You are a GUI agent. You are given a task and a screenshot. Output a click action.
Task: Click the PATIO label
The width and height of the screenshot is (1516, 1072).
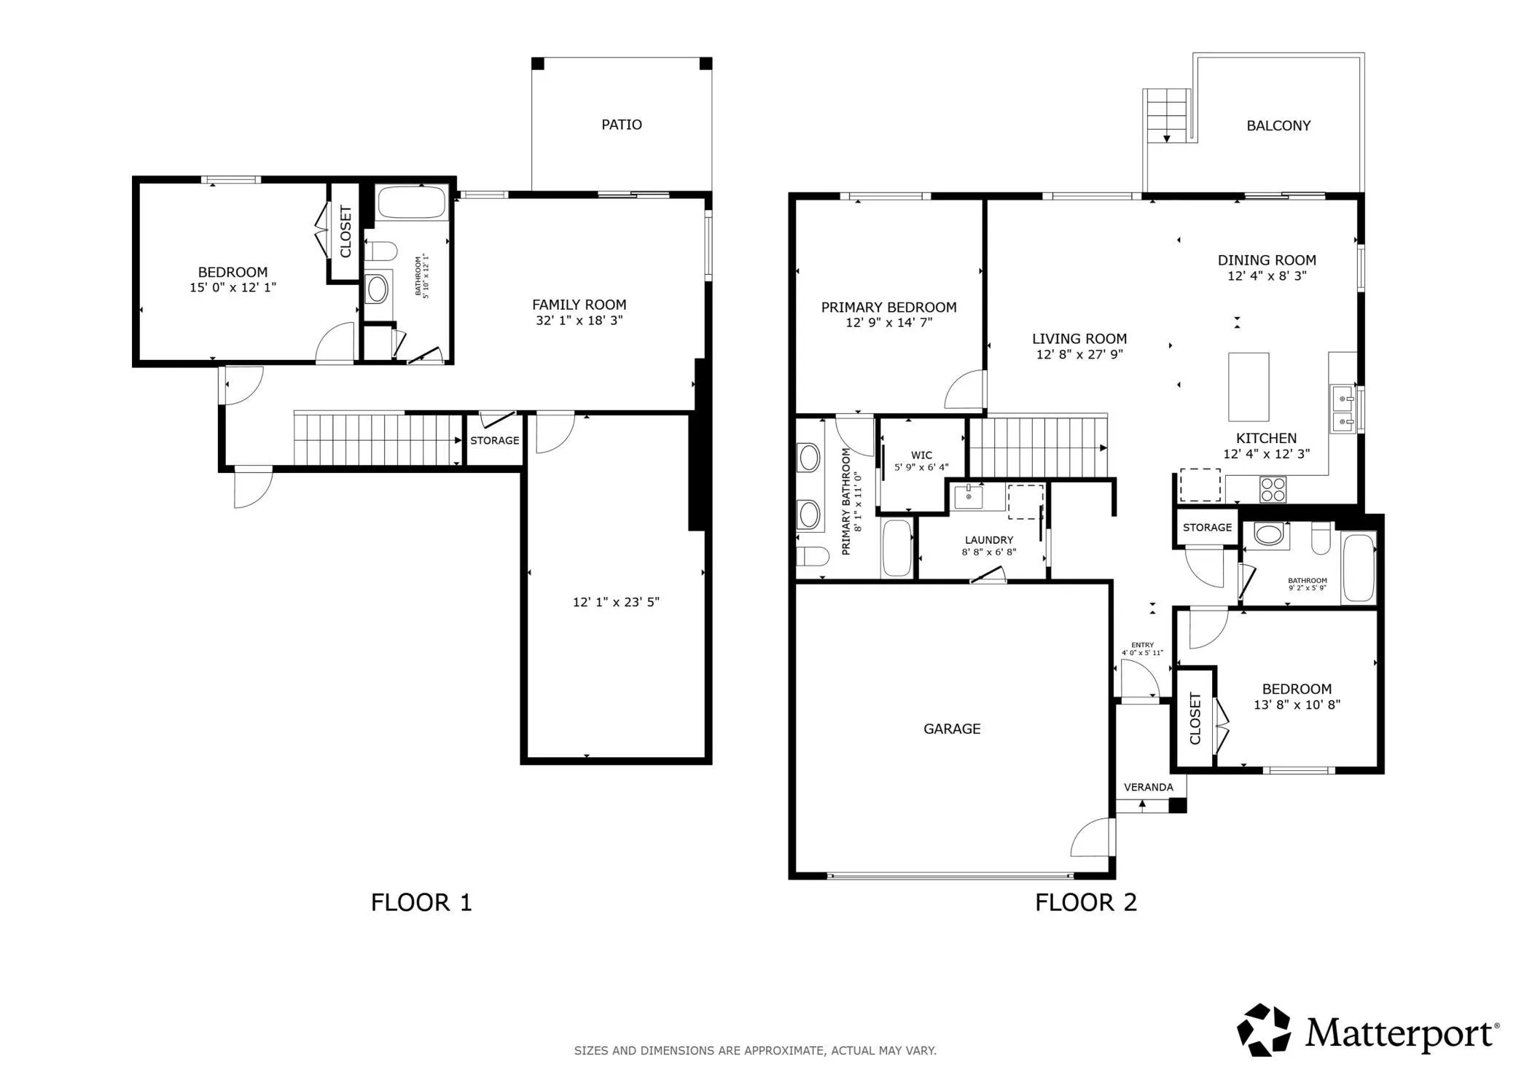[x=621, y=125]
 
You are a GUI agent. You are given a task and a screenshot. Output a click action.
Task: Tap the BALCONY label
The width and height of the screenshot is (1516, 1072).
[x=1278, y=126]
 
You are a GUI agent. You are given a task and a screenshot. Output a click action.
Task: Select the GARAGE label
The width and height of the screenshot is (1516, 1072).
[x=952, y=729]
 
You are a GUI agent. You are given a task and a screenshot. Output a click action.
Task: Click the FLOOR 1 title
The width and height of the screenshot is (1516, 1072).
[x=421, y=903]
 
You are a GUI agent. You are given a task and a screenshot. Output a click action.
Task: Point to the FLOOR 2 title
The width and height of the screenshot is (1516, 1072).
[x=1086, y=903]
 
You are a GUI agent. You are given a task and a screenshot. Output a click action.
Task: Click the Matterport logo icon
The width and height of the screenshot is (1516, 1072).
[x=1264, y=1030]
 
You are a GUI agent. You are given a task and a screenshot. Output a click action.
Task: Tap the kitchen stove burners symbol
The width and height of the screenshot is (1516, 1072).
[x=1273, y=489]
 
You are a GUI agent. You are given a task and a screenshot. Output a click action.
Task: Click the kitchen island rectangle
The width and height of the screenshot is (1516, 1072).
[x=1249, y=387]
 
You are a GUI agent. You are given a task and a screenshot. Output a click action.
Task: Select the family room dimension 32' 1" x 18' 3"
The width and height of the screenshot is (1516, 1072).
[x=579, y=321]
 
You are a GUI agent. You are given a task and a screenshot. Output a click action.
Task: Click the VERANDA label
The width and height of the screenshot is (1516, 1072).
[x=1149, y=787]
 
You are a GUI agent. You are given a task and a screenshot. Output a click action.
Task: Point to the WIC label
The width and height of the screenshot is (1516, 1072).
[x=921, y=455]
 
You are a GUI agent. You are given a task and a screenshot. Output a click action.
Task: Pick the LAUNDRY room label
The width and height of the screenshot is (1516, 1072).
[x=989, y=540]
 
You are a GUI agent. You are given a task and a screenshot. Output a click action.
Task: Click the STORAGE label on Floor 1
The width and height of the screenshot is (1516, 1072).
[x=495, y=441]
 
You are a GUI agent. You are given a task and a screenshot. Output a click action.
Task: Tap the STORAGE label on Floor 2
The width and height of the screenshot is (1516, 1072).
[x=1208, y=528]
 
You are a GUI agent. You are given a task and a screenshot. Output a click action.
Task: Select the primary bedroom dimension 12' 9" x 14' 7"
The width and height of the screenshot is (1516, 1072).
[x=889, y=323]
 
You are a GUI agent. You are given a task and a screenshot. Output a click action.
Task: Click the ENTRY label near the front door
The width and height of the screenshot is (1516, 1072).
[x=1143, y=645]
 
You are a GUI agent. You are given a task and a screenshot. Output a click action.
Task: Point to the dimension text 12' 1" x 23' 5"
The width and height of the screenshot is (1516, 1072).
[x=616, y=602]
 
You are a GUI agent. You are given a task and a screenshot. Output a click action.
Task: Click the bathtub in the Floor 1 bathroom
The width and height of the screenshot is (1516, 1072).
[x=412, y=203]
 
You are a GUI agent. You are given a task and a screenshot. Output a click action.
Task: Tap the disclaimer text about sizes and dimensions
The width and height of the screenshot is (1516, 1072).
[x=755, y=1051]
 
